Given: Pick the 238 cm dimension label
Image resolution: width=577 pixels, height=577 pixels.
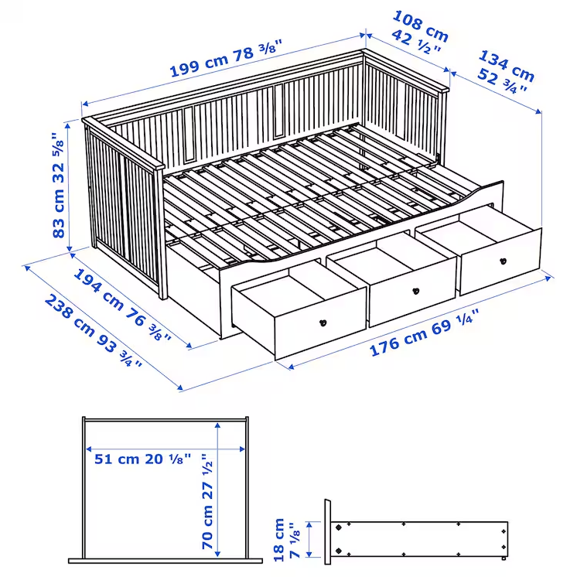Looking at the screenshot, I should (73, 316).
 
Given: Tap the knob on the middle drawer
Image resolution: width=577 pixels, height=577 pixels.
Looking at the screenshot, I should (416, 292).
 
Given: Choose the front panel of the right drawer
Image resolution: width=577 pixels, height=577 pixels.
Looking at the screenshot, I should (500, 261).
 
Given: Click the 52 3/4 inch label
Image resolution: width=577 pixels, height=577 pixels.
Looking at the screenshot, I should (504, 80).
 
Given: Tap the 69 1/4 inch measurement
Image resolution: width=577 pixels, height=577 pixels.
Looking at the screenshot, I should (456, 321).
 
